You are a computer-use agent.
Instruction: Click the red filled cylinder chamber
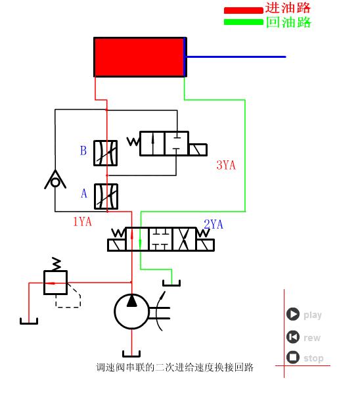pos(139,57)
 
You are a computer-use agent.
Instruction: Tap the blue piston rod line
pos(236,57)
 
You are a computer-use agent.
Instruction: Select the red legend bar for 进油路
pos(244,10)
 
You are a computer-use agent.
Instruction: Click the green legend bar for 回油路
pos(244,22)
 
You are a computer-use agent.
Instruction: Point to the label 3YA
pos(225,165)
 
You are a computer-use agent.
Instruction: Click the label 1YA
pos(82,222)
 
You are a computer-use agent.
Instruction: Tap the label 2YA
pos(214,225)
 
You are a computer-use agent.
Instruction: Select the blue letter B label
pos(83,151)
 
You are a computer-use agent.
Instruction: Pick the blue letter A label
pos(83,194)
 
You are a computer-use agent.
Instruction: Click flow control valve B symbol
pos(106,152)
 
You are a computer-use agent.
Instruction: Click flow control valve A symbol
pos(106,196)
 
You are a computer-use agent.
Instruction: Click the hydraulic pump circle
pos(131,312)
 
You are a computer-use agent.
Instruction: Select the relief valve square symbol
pos(55,283)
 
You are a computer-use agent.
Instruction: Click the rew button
pos(293,337)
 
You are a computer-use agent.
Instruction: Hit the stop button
pos(293,358)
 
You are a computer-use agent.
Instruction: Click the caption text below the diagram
pos(175,367)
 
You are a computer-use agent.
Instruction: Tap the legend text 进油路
pos(288,8)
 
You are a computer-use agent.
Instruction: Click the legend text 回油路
pos(288,22)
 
